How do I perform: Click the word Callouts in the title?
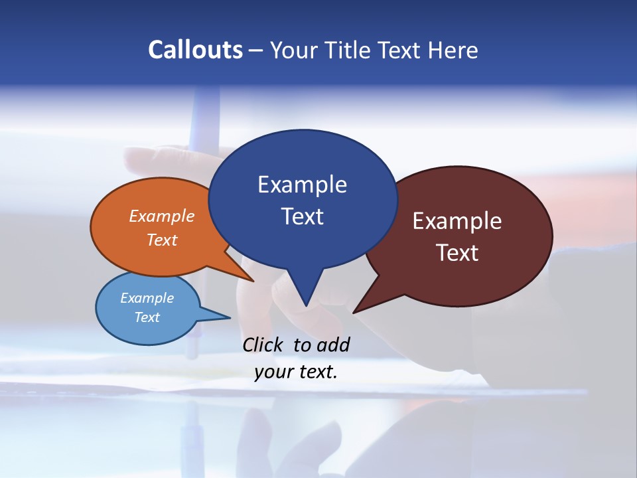pyautogui.click(x=195, y=50)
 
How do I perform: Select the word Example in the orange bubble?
pyautogui.click(x=162, y=216)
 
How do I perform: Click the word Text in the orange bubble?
pyautogui.click(x=162, y=240)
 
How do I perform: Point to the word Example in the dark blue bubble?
pyautogui.click(x=302, y=185)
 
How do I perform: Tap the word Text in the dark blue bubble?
pyautogui.click(x=302, y=216)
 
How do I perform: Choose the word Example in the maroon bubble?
pyautogui.click(x=457, y=221)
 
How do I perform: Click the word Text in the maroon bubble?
pyautogui.click(x=457, y=253)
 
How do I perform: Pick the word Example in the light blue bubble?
pyautogui.click(x=147, y=298)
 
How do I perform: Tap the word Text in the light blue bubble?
pyautogui.click(x=147, y=317)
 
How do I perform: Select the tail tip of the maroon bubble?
pyautogui.click(x=354, y=312)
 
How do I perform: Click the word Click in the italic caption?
pyautogui.click(x=263, y=345)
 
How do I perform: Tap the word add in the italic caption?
pyautogui.click(x=333, y=345)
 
